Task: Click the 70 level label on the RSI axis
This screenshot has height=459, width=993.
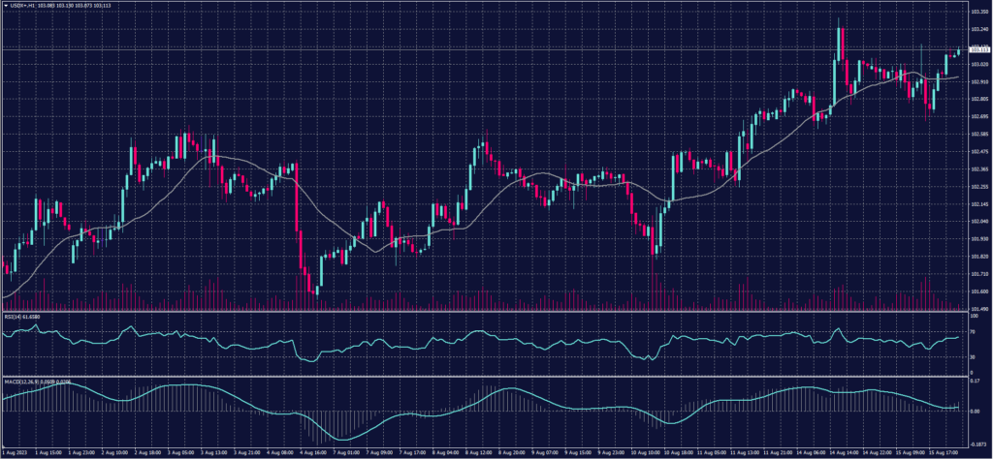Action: [x=972, y=331]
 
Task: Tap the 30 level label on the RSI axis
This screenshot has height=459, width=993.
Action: [x=972, y=356]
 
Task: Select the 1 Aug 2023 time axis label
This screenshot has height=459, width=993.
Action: [x=16, y=453]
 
